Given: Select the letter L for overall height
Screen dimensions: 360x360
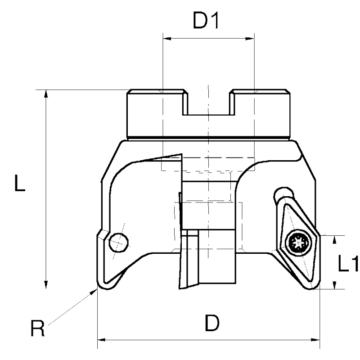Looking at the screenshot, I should point(18,184).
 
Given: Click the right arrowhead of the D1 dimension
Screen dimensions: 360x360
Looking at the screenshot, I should point(251,38).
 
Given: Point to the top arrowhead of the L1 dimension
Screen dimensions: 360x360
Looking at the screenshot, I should point(334,239).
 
